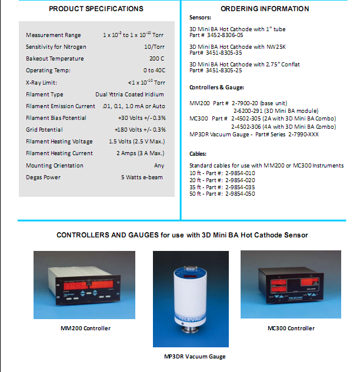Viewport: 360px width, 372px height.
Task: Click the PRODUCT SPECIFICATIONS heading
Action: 96,9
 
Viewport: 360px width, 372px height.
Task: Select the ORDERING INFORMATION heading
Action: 265,9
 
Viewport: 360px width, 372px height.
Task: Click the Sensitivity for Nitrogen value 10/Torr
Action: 154,47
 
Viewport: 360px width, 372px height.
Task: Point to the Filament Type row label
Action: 45,95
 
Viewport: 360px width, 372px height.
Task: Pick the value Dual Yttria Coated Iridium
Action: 130,95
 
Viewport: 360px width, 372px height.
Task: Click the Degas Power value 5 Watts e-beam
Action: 143,177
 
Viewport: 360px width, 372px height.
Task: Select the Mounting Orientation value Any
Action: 160,166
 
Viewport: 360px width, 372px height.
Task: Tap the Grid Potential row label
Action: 44,130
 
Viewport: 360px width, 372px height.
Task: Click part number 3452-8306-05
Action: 221,35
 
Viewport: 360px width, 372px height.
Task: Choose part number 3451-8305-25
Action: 221,71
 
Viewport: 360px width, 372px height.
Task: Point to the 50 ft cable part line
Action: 222,194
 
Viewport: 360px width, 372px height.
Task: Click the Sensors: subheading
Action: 200,18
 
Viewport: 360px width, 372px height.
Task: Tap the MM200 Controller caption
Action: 86,329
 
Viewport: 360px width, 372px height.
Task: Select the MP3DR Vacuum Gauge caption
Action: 195,357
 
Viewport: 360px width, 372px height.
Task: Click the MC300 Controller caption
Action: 291,329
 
